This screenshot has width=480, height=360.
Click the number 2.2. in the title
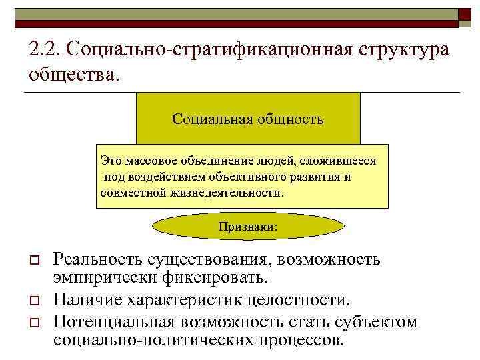click(x=44, y=51)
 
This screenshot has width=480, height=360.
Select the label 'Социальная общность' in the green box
click(x=248, y=119)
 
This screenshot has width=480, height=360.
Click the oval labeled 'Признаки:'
click(x=248, y=227)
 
